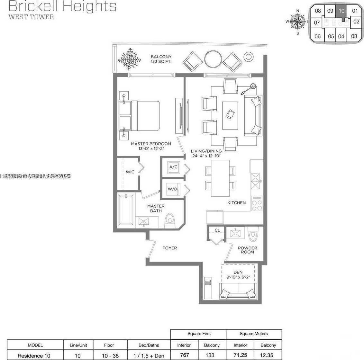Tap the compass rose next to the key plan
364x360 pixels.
click(x=297, y=22)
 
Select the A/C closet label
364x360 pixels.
click(x=173, y=167)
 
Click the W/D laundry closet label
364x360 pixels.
click(x=172, y=189)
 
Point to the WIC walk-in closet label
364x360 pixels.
click(x=130, y=172)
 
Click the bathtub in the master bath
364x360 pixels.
click(x=126, y=210)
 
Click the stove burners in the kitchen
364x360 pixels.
click(x=257, y=204)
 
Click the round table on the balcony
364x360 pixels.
click(x=213, y=59)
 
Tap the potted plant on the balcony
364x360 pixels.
click(x=130, y=59)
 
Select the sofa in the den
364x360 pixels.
click(x=238, y=291)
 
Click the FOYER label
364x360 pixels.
click(x=169, y=248)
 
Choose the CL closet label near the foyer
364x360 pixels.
click(x=217, y=230)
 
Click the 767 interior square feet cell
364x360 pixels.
click(x=184, y=355)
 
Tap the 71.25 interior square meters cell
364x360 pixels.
click(x=240, y=355)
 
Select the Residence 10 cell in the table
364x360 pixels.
click(x=35, y=355)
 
